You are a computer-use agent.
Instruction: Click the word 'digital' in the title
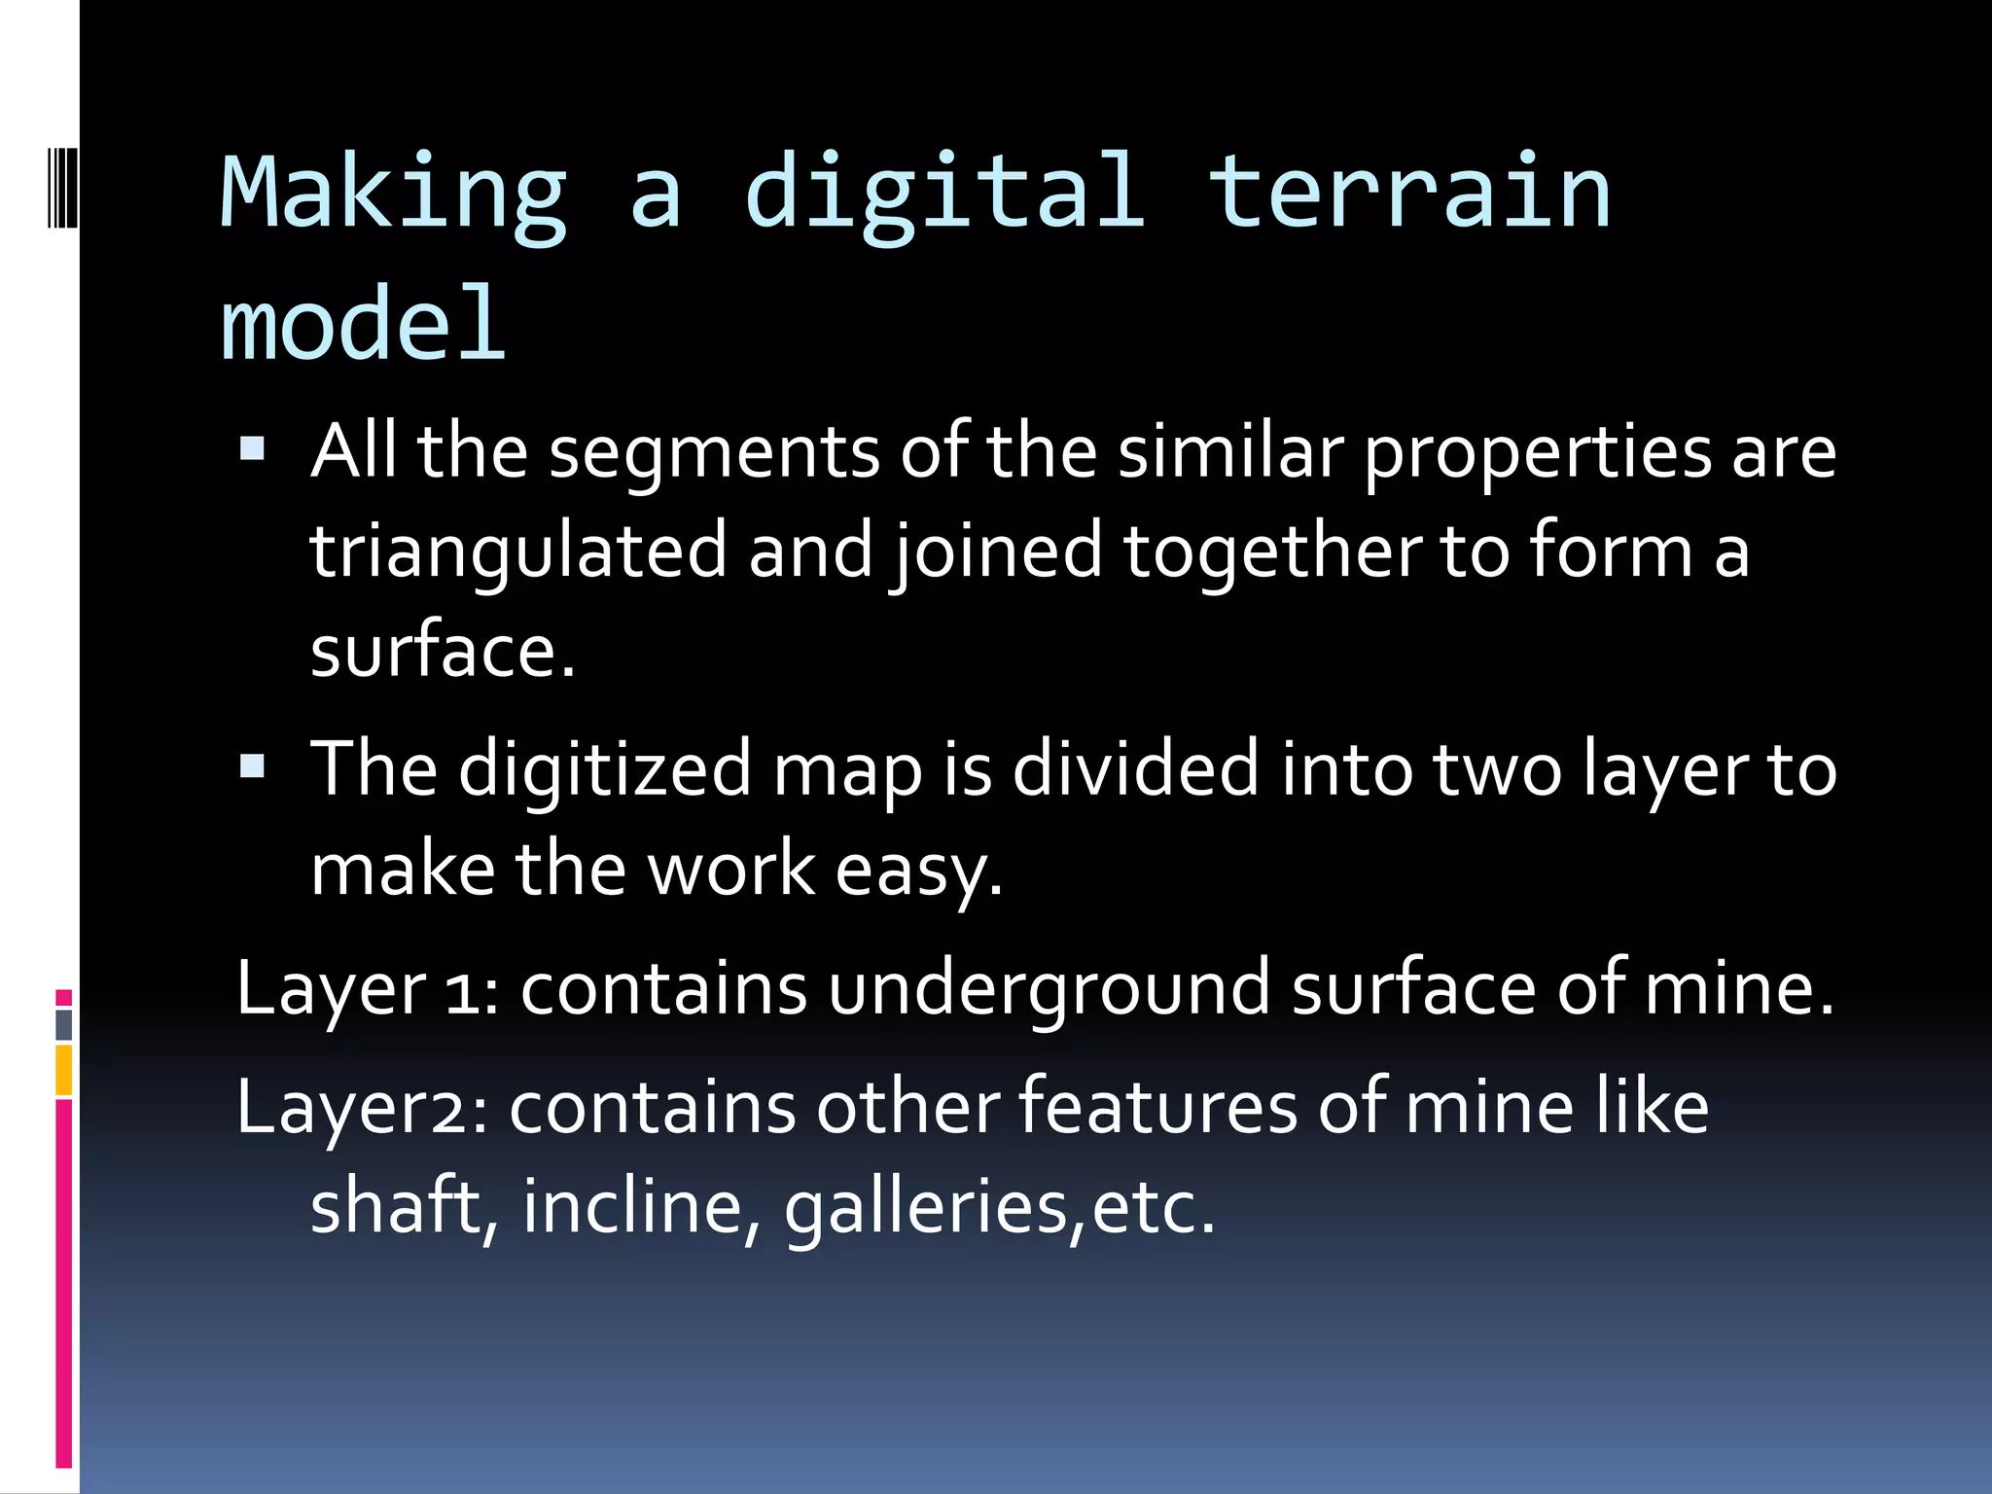click(944, 195)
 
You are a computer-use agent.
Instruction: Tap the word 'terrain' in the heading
click(1409, 195)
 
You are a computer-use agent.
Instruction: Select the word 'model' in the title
click(363, 326)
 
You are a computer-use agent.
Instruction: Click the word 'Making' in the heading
click(394, 195)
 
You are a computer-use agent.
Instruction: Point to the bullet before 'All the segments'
click(252, 448)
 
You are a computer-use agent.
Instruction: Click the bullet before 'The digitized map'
click(252, 766)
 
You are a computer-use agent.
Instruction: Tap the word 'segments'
click(714, 451)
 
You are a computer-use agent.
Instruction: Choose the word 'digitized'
click(604, 769)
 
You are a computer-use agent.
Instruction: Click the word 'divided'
click(1135, 769)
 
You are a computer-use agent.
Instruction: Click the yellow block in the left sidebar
click(64, 1070)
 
